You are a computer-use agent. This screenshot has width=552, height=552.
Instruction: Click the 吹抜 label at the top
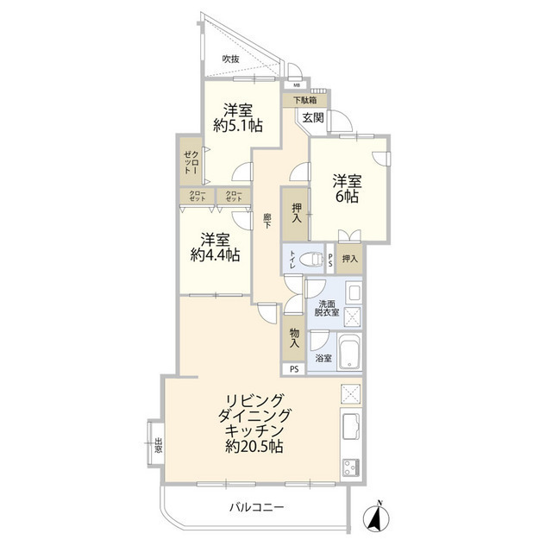click(230, 59)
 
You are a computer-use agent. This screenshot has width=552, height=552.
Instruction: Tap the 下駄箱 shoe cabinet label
click(304, 100)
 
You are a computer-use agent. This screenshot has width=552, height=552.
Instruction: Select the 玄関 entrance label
click(312, 117)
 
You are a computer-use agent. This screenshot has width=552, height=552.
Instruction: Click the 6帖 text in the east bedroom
click(347, 196)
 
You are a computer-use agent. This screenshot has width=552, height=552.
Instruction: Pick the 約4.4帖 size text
click(216, 255)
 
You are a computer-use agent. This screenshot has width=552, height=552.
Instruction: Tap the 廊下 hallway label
click(267, 220)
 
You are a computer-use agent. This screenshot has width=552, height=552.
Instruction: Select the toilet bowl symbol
click(313, 260)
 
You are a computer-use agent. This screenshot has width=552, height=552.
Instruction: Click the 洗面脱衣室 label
click(329, 309)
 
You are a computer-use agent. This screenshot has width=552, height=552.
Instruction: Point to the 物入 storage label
click(295, 337)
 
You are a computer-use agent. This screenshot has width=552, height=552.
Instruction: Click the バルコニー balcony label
click(257, 507)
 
